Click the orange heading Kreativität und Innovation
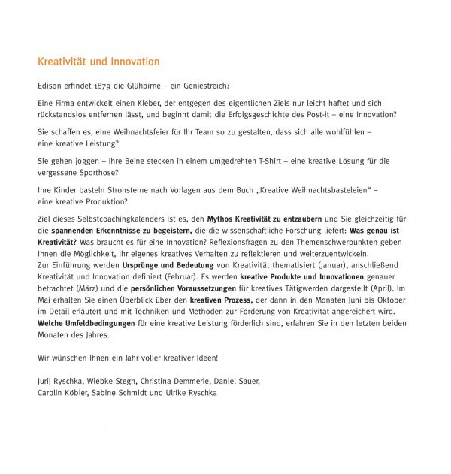(98, 62)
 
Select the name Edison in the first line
(50, 86)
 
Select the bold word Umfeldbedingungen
(100, 322)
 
